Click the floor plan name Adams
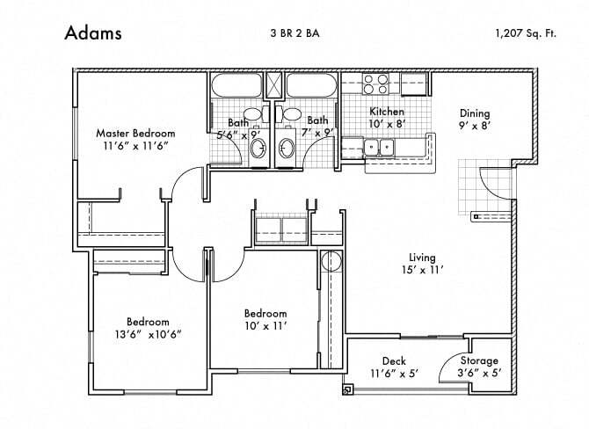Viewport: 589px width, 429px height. (x=92, y=33)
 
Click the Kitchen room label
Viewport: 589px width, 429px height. (x=386, y=112)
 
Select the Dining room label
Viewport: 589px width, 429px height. (x=475, y=113)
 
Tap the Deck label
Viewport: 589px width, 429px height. (x=393, y=361)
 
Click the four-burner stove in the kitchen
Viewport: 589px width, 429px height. (x=376, y=84)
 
